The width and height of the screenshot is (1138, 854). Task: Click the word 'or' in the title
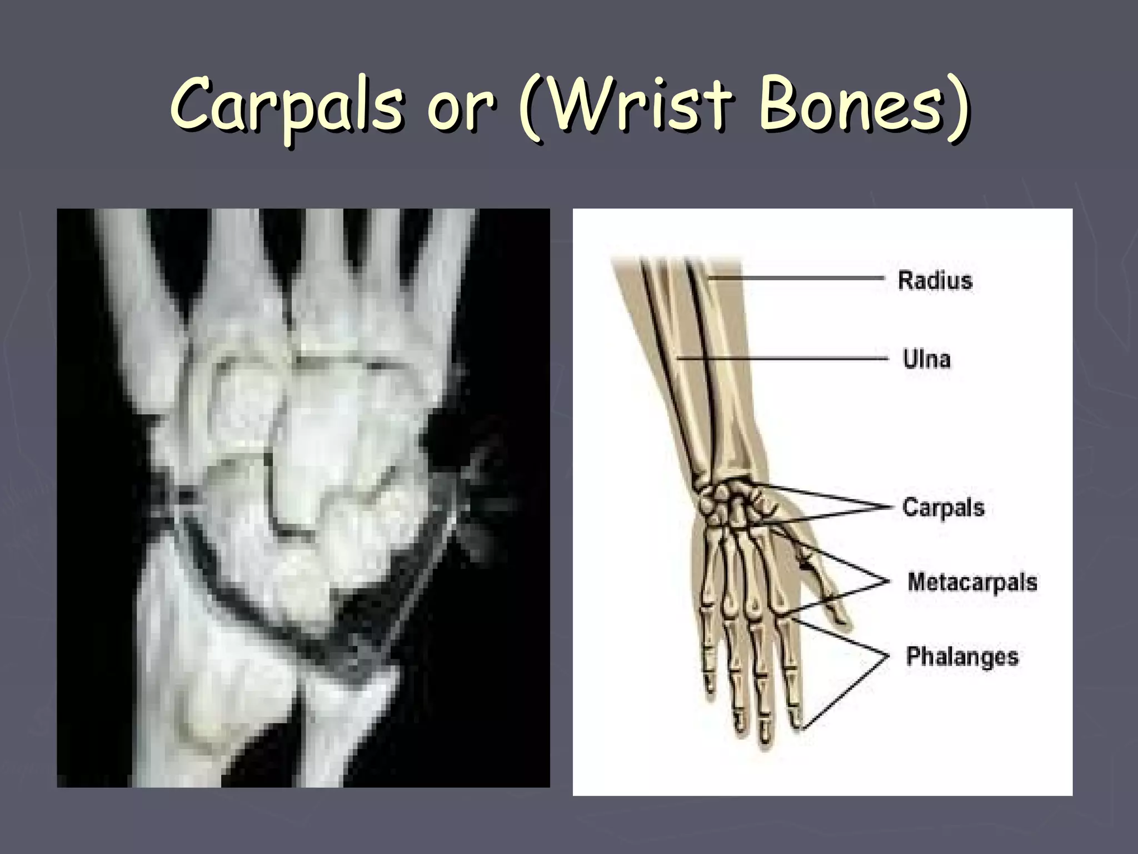(460, 108)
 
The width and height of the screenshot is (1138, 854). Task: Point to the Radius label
(935, 280)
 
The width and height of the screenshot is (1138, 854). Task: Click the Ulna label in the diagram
(926, 359)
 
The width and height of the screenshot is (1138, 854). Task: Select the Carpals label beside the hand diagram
(943, 508)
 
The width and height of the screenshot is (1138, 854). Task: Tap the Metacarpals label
(972, 582)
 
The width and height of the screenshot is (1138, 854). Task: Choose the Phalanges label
(962, 657)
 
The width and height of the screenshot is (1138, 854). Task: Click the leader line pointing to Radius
(795, 277)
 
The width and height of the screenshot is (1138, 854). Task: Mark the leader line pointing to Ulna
(778, 359)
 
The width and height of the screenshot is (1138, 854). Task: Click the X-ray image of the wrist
(303, 498)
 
